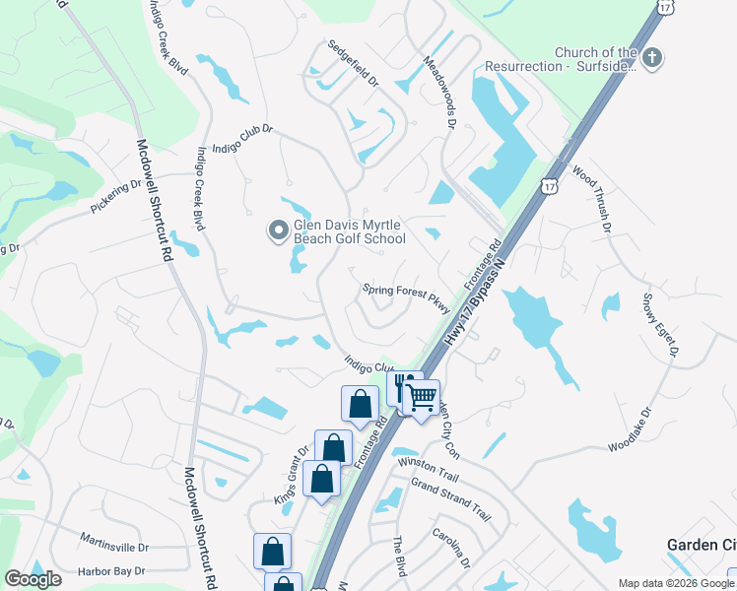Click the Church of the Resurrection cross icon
650,59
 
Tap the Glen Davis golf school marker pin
278,231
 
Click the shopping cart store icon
422,397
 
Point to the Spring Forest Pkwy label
406,296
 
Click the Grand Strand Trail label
450,499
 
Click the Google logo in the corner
33,579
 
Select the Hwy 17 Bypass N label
480,293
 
